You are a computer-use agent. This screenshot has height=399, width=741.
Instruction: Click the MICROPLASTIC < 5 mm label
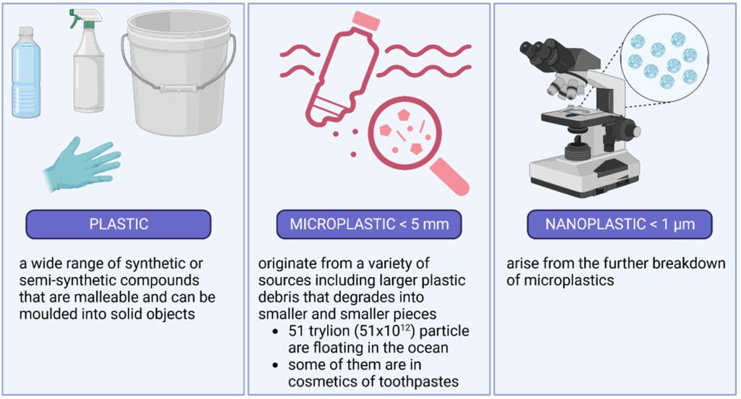coord(369,224)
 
